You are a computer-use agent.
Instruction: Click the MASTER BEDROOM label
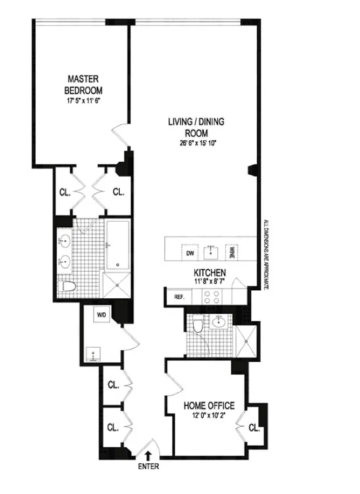point(85,83)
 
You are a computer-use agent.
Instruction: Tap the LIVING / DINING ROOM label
point(196,127)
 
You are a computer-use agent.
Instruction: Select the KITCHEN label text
point(209,272)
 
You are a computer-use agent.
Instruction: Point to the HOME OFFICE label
point(209,406)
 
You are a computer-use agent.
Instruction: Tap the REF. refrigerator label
point(180,297)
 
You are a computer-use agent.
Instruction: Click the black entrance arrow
point(148,456)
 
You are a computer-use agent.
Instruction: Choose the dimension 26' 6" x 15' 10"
point(196,144)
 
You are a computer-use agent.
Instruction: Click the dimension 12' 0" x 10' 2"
point(209,416)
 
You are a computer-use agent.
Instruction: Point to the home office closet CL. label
point(254,427)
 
